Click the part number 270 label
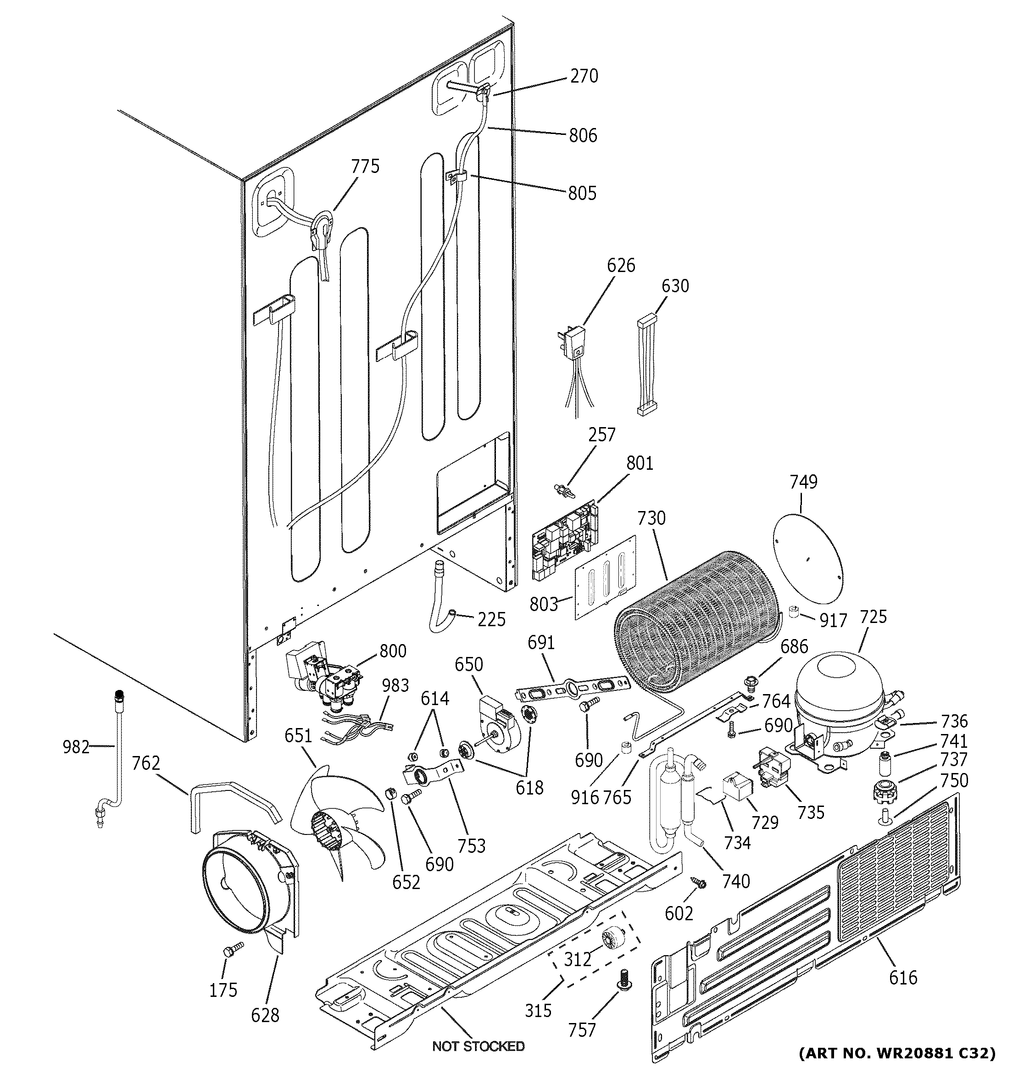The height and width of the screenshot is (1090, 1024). point(584,76)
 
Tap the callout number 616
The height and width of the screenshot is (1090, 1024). point(903,977)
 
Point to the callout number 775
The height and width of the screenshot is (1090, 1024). point(365,166)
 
